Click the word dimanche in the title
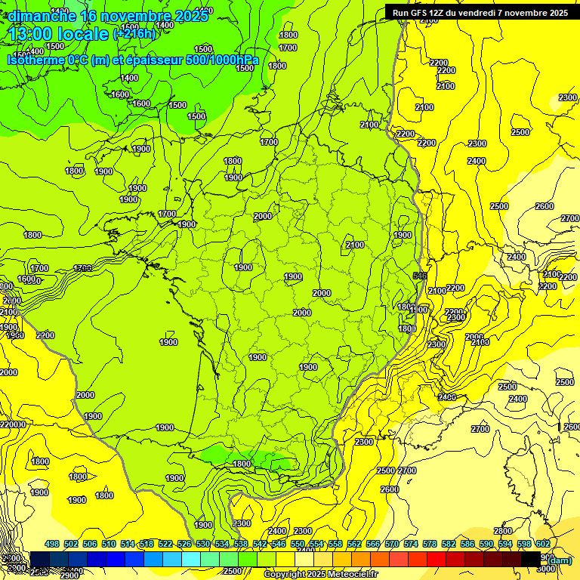pyautogui.click(x=41, y=16)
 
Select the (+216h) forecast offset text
pyautogui.click(x=134, y=34)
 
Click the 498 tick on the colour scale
pyautogui.click(x=52, y=545)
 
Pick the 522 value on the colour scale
pyautogui.click(x=165, y=545)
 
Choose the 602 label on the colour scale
pyautogui.click(x=542, y=545)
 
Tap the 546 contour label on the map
pyautogui.click(x=421, y=276)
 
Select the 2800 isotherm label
pyautogui.click(x=503, y=531)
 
